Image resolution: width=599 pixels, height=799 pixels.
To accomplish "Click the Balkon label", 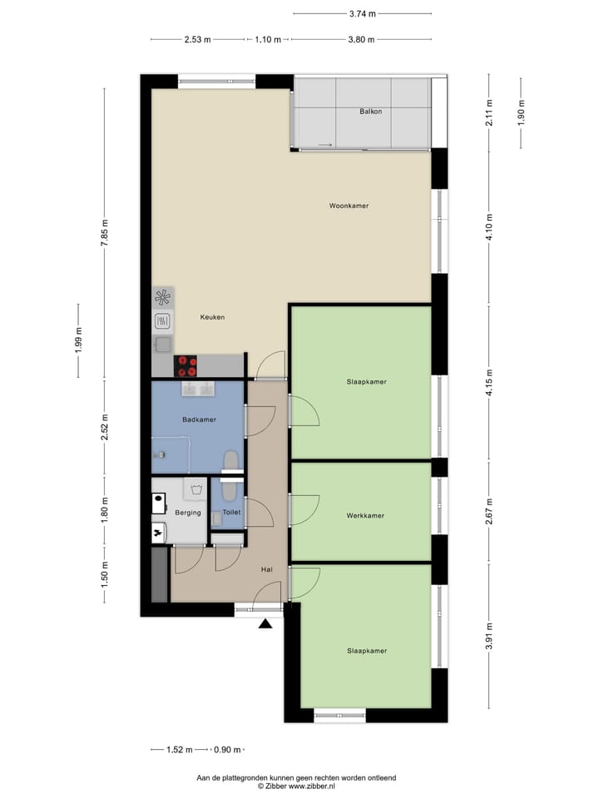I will click(370, 112).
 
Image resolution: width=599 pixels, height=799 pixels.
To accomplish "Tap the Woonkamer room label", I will click(349, 206).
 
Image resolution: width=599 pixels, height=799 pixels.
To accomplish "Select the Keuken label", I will click(212, 317).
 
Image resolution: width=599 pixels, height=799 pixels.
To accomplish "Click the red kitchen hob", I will click(186, 364).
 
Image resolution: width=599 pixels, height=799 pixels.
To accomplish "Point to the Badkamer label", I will click(199, 419).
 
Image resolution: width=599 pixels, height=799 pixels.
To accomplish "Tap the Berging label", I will click(188, 513).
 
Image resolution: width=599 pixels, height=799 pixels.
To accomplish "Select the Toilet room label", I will click(231, 513).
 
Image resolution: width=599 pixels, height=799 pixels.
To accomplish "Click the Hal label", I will click(266, 569).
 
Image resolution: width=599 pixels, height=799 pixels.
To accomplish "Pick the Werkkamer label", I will click(365, 516).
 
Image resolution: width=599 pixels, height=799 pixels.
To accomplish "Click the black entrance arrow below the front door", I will click(265, 624).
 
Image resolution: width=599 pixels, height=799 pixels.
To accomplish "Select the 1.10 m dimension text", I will click(268, 39).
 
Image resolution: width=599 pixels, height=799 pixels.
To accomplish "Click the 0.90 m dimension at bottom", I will click(227, 750).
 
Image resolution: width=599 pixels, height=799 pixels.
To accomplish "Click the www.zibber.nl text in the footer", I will click(312, 785).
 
